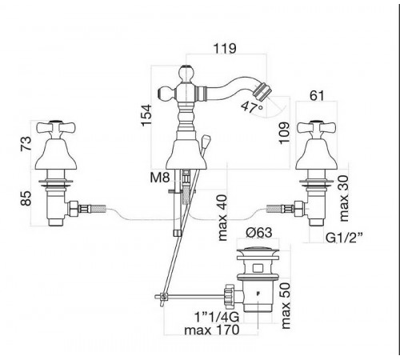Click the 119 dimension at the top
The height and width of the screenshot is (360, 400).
[x=225, y=48]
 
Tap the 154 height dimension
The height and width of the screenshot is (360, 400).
[x=146, y=115]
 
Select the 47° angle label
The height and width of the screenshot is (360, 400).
[x=252, y=107]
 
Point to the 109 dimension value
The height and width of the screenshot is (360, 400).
[x=284, y=133]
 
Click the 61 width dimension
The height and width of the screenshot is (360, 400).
[x=317, y=95]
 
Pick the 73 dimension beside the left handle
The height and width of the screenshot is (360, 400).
[x=26, y=143]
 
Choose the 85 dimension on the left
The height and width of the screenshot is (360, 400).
[x=26, y=198]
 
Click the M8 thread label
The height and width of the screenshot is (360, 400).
[x=160, y=177]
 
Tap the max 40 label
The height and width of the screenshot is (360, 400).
[x=222, y=218]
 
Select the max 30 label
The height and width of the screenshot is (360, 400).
[x=345, y=198]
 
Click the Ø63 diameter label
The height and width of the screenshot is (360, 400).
[x=259, y=232]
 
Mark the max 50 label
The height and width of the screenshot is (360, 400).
[x=286, y=306]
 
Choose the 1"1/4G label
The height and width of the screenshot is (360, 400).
[x=217, y=317]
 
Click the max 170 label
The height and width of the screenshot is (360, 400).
[x=212, y=330]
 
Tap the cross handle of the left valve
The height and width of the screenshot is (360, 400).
[x=56, y=127]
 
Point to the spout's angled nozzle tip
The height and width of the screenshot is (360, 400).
[x=261, y=90]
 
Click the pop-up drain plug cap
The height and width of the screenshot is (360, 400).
[x=258, y=251]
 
